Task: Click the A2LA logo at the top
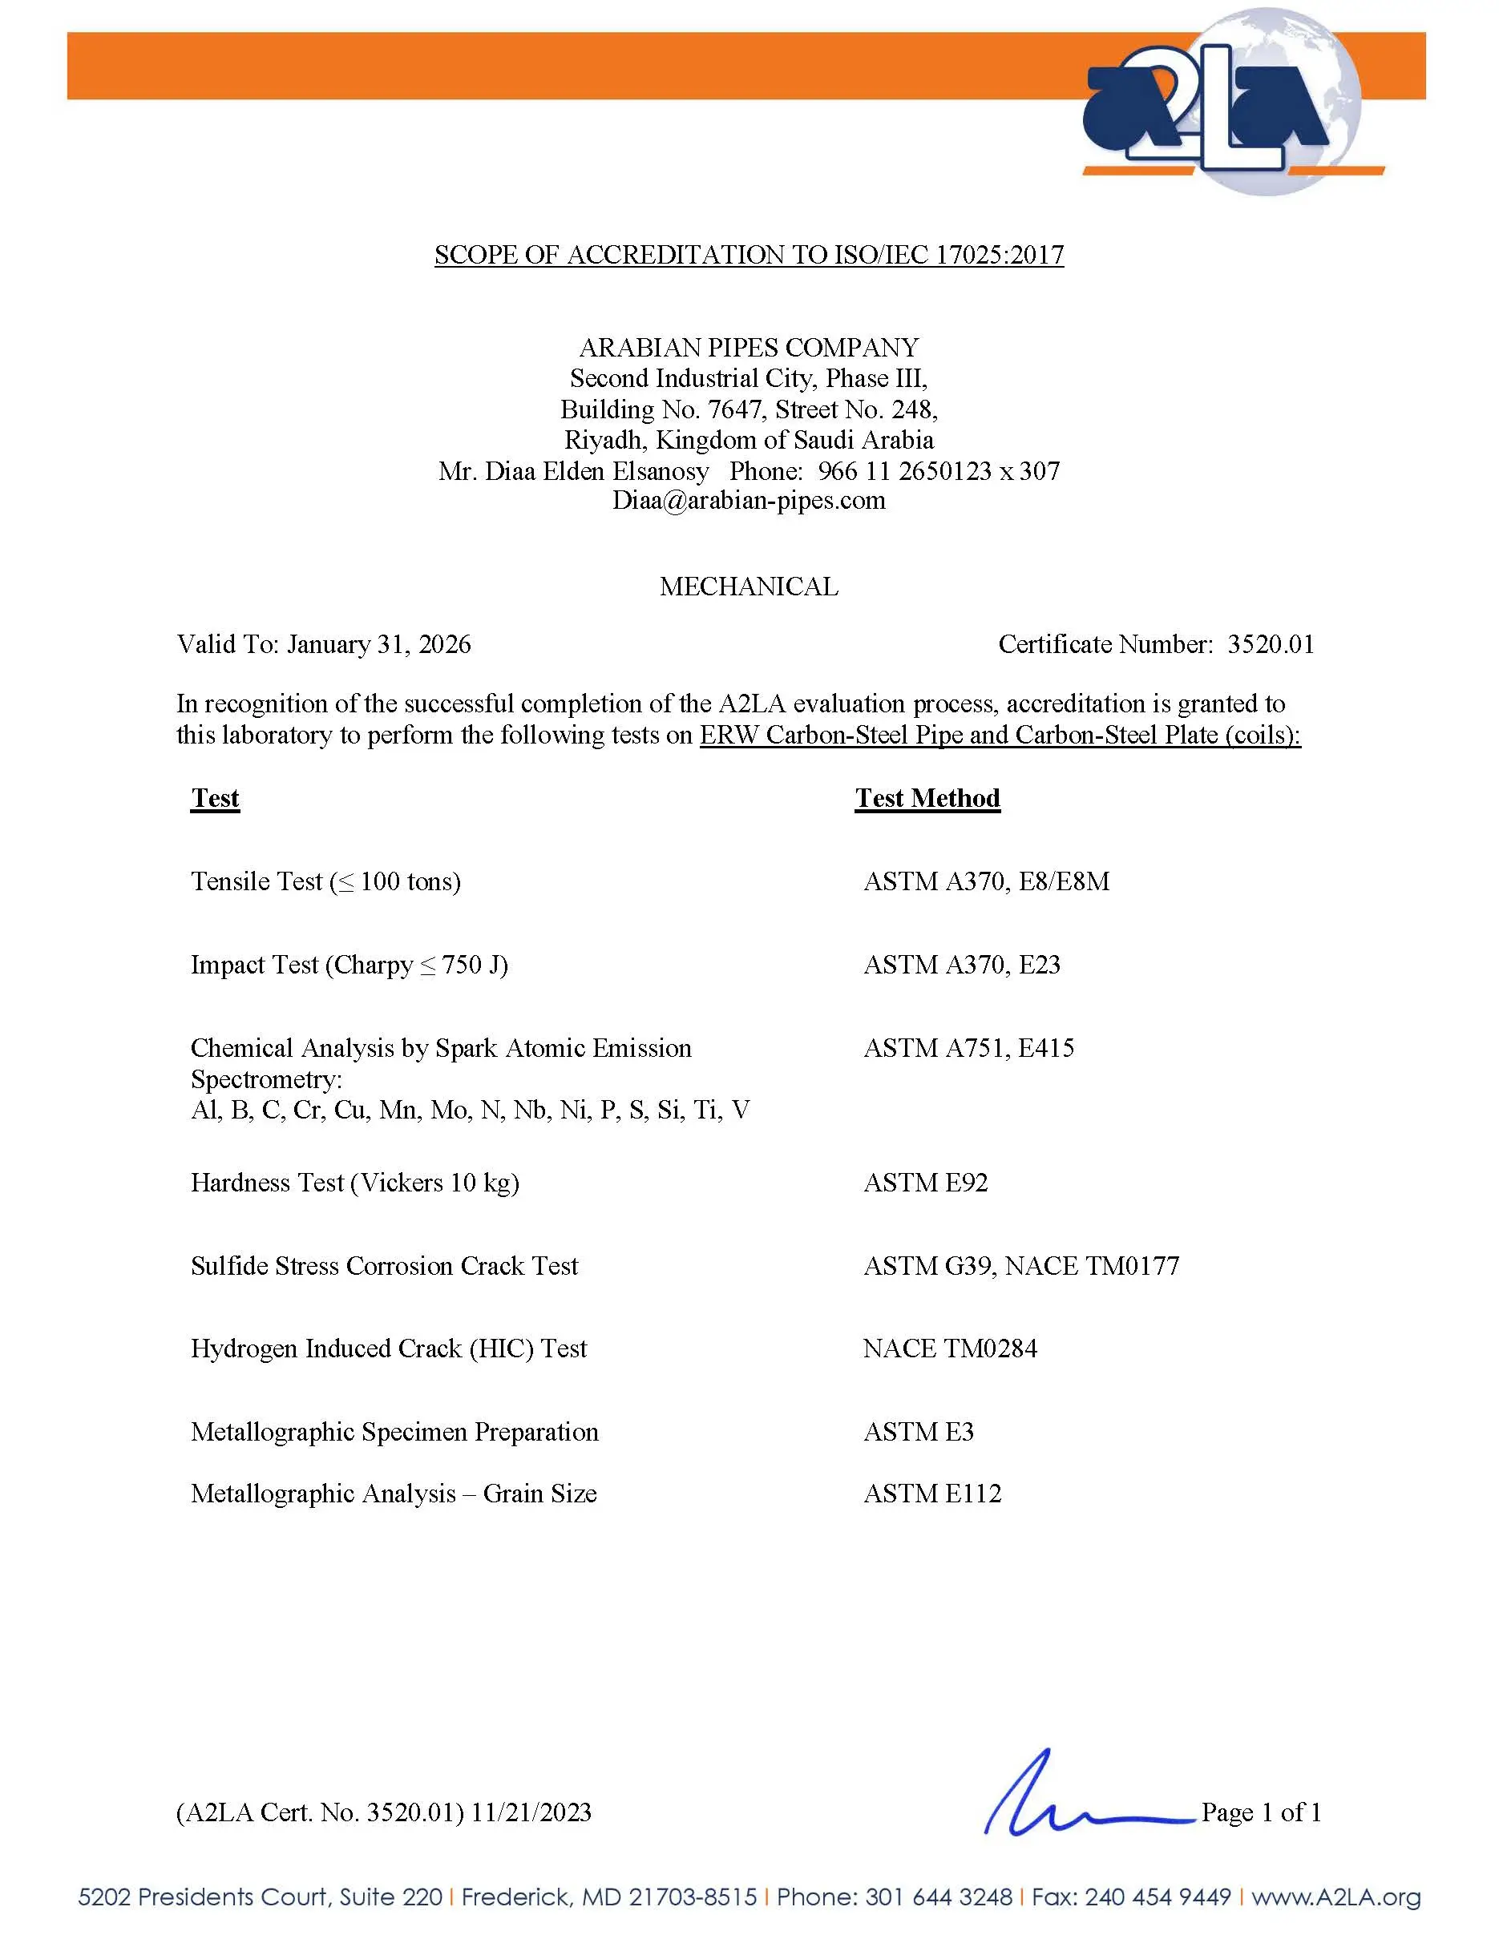1221,102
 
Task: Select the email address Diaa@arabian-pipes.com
749,501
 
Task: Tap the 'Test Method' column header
927,798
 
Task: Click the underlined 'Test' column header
215,798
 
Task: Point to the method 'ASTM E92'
925,1183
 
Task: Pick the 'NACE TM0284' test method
949,1348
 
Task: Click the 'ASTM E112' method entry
932,1494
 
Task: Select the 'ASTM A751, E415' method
969,1048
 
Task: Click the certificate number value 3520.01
1271,644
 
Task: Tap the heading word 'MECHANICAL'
749,587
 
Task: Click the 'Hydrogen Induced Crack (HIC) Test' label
389,1348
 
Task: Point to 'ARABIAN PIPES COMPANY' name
749,347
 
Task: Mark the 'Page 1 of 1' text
1261,1812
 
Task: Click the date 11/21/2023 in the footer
531,1812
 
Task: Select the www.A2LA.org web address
1335,1897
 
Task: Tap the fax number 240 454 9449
1158,1897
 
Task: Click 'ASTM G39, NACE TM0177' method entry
1021,1266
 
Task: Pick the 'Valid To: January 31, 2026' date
324,644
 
